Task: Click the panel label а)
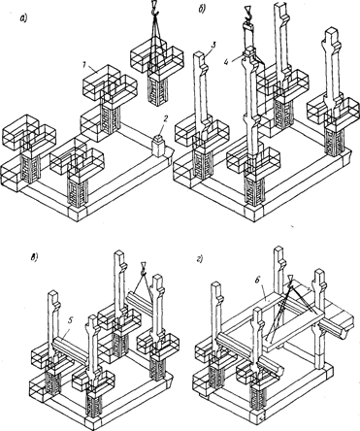coord(23,19)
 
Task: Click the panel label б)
coord(201,10)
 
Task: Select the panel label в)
coord(34,258)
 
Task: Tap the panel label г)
coord(200,260)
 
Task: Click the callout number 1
coord(83,65)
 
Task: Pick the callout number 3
coord(213,46)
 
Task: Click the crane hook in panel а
coord(155,9)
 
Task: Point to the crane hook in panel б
coord(248,15)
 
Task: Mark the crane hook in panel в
coord(143,270)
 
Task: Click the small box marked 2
coord(159,146)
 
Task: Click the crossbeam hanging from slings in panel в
coord(140,300)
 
